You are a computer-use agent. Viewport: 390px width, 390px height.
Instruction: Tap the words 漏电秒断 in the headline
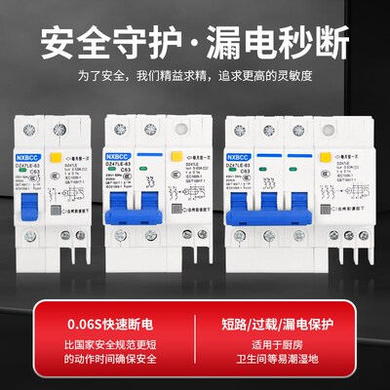click(280, 42)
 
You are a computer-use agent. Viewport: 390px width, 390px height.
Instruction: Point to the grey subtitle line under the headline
click(195, 76)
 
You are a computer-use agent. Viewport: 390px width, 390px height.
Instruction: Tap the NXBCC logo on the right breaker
click(240, 154)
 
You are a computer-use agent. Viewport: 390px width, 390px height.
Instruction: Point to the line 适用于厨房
click(283, 343)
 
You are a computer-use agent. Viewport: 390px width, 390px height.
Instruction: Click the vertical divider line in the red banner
click(195, 338)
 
